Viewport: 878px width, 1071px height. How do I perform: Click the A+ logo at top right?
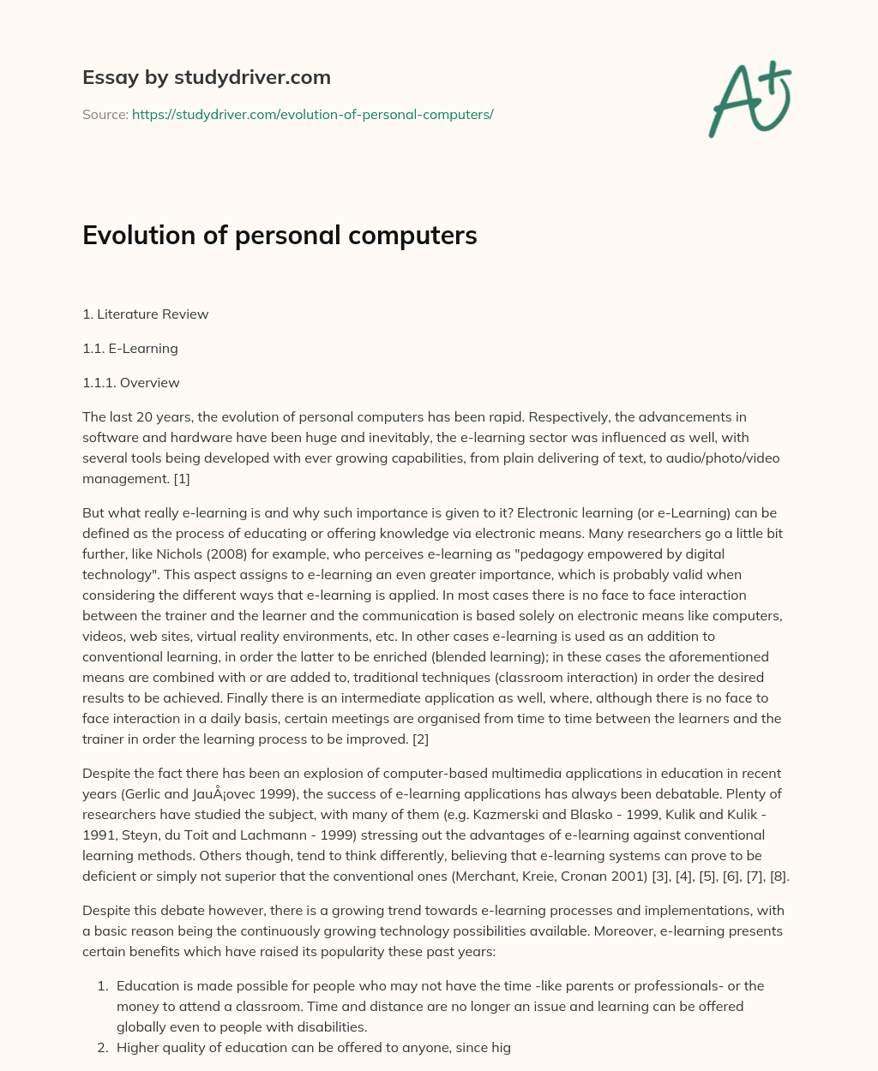pyautogui.click(x=750, y=99)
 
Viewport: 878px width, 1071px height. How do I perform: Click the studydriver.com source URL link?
pyautogui.click(x=312, y=114)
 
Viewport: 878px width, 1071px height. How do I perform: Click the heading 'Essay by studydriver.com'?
pyautogui.click(x=206, y=77)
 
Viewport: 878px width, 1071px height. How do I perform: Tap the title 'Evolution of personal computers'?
pyautogui.click(x=280, y=235)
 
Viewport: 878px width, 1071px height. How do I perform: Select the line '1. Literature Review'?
pyautogui.click(x=145, y=314)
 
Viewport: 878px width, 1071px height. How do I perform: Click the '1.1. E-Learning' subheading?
pyautogui.click(x=129, y=348)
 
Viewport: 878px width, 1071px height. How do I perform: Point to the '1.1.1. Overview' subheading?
pyautogui.click(x=130, y=382)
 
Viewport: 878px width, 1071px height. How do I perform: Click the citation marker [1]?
pyautogui.click(x=181, y=478)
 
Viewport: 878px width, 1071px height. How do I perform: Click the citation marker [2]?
pyautogui.click(x=420, y=739)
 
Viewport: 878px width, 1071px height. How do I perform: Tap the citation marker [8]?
pyautogui.click(x=778, y=876)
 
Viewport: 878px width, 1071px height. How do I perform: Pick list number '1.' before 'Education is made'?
pyautogui.click(x=102, y=985)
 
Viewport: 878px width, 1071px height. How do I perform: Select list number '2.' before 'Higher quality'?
pyautogui.click(x=102, y=1047)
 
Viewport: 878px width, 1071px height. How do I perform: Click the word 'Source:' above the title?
pyautogui.click(x=105, y=114)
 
